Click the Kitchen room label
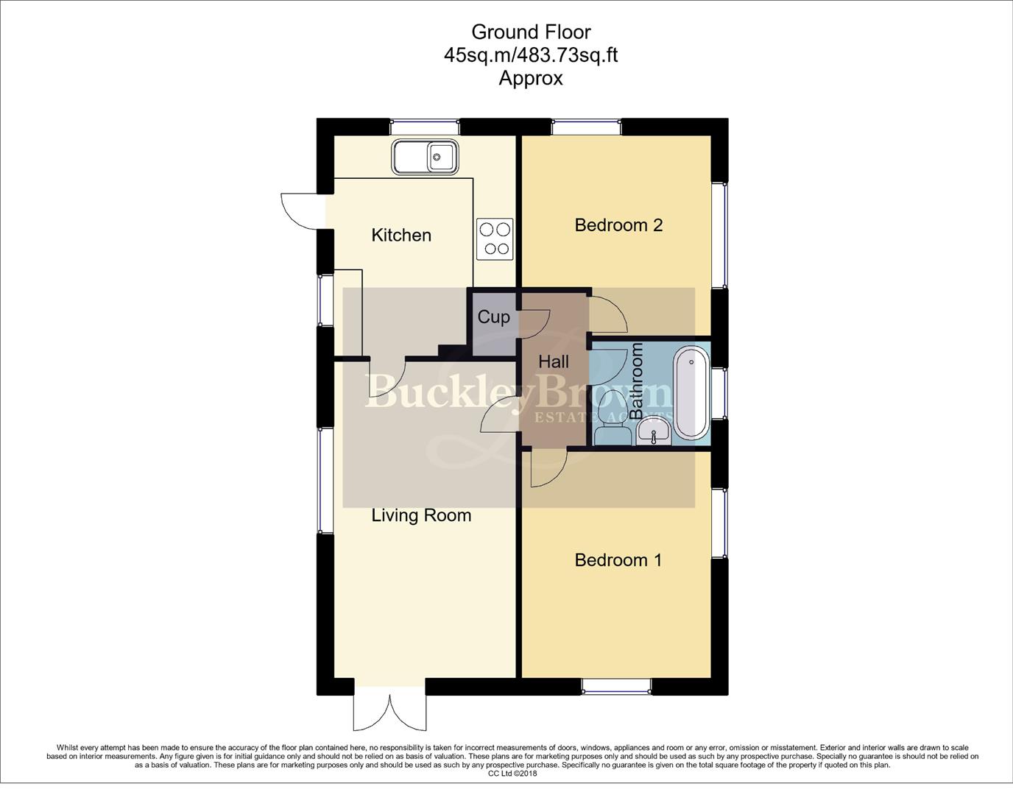(x=401, y=236)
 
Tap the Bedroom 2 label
(x=618, y=225)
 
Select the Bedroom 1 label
(x=618, y=560)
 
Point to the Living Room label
(x=421, y=515)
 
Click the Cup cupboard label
(x=493, y=317)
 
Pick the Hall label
(x=554, y=362)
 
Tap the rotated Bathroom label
(x=637, y=381)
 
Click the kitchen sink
(x=426, y=157)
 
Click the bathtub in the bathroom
(x=691, y=394)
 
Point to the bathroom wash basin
(x=654, y=431)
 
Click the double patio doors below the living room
(x=389, y=711)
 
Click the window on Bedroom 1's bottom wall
(x=616, y=687)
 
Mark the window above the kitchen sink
(x=424, y=127)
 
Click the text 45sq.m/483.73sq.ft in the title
(x=530, y=55)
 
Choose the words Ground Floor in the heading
(x=530, y=32)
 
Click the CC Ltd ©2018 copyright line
(x=512, y=774)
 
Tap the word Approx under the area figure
(x=530, y=78)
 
